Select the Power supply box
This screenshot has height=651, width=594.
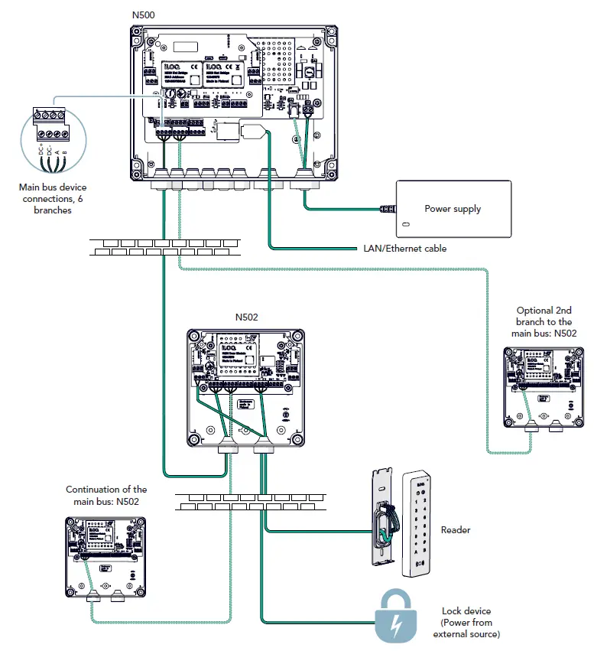[453, 209]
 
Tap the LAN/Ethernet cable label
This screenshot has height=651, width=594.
[403, 249]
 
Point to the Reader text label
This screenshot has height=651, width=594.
[456, 529]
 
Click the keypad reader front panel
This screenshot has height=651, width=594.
[417, 522]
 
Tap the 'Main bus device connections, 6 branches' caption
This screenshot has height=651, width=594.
[53, 199]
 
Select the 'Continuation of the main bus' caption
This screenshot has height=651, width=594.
[106, 495]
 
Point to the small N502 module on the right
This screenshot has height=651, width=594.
[539, 386]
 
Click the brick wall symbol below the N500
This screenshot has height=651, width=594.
[164, 246]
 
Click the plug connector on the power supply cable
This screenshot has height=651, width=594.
[388, 208]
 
